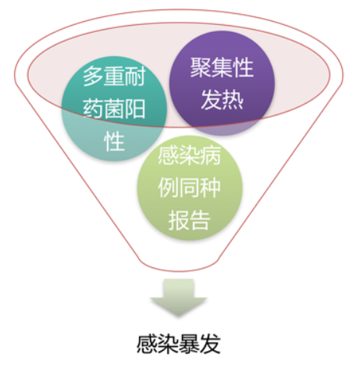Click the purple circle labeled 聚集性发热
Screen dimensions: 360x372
tap(222, 83)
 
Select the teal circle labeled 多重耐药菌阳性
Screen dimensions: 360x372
tap(114, 108)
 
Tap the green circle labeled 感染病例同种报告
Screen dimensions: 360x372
tap(190, 188)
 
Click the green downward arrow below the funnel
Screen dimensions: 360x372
tap(179, 298)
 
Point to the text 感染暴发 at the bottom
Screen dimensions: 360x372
tap(179, 344)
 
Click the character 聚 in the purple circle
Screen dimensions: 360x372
tap(201, 68)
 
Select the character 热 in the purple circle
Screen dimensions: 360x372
tap(233, 100)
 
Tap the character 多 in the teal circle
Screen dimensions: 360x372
tap(93, 76)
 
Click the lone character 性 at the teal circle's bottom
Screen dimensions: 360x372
tap(114, 141)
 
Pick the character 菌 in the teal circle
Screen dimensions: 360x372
tap(114, 108)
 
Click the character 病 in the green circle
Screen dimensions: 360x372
tap(211, 155)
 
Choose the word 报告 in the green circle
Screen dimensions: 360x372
tap(189, 221)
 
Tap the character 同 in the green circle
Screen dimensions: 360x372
tap(189, 188)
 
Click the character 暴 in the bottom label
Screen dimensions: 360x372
tap(189, 344)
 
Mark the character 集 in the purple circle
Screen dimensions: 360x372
tap(222, 68)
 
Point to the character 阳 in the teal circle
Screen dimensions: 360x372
tap(135, 108)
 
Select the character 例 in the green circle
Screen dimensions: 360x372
tap(169, 188)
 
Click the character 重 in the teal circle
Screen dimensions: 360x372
tap(114, 76)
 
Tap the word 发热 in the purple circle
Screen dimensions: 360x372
tap(222, 100)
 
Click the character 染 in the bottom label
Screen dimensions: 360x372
tap(168, 344)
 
